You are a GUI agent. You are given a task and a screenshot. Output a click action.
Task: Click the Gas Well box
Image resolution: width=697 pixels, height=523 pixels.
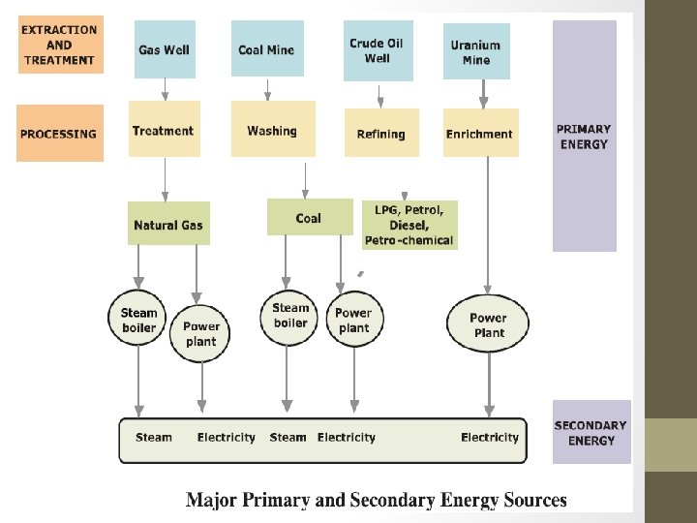click(164, 49)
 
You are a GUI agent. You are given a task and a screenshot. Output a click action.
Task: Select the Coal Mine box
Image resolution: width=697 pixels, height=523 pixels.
click(266, 49)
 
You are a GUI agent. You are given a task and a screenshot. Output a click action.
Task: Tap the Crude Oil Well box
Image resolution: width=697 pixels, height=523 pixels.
click(378, 50)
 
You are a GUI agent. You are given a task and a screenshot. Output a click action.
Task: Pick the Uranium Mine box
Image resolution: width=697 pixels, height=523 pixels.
click(476, 51)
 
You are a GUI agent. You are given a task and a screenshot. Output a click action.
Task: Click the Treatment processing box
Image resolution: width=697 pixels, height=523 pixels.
click(164, 130)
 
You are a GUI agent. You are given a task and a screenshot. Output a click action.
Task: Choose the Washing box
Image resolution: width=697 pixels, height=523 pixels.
click(272, 130)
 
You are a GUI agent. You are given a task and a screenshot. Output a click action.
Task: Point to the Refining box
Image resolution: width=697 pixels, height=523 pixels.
click(381, 133)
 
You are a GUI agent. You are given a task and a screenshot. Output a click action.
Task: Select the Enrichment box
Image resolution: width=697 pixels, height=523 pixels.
click(481, 133)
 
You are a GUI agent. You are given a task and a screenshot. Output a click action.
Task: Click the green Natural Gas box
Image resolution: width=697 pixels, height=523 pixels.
click(168, 224)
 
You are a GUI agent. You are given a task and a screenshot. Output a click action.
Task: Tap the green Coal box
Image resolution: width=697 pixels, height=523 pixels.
click(309, 217)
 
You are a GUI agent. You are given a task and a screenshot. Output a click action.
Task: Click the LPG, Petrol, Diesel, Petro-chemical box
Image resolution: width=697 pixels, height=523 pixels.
click(409, 225)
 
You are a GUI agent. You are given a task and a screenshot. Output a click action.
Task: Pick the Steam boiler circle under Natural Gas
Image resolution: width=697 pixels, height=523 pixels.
click(138, 319)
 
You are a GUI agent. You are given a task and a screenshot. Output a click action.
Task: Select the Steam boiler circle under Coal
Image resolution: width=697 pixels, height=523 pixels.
click(289, 315)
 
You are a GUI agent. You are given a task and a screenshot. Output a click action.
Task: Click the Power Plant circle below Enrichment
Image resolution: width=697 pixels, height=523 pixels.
click(488, 324)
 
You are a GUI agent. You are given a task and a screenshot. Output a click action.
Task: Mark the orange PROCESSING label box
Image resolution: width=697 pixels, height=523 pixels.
click(59, 134)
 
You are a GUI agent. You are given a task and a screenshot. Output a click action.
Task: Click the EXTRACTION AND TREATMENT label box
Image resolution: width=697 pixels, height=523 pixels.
click(59, 45)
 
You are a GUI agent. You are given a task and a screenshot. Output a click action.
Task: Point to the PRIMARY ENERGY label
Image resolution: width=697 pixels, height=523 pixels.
click(584, 137)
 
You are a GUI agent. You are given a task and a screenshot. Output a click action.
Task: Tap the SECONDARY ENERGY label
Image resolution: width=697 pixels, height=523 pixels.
click(591, 432)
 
